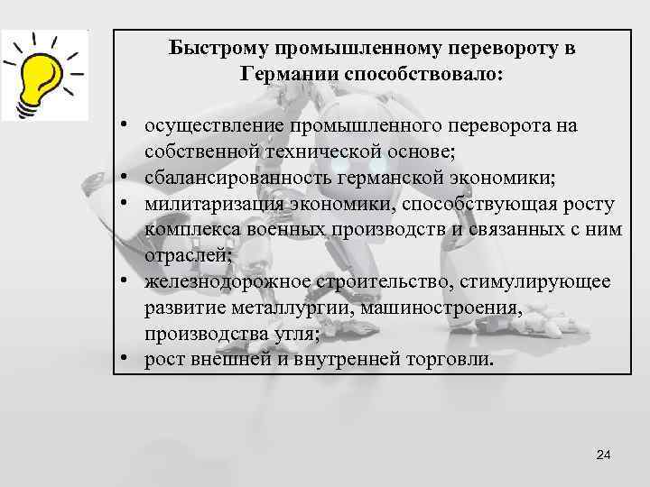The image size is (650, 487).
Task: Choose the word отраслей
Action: pyautogui.click(x=185, y=256)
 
